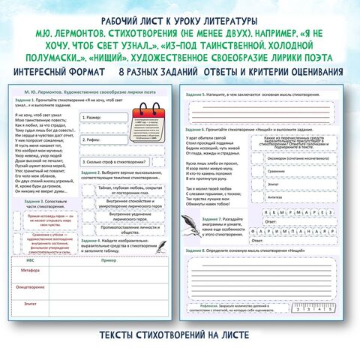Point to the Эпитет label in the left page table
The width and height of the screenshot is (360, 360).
(x=29, y=303)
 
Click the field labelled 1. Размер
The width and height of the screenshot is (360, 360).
(x=105, y=118)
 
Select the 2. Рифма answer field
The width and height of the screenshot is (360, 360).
(x=105, y=139)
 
